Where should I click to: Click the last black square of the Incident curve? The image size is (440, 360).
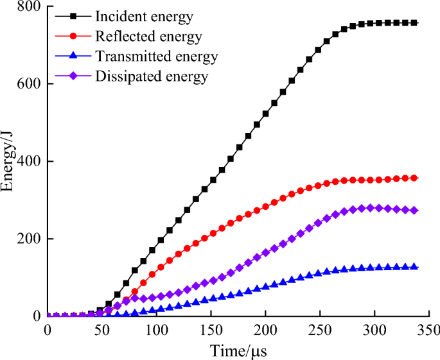(414, 23)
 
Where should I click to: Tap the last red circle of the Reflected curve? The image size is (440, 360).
(414, 178)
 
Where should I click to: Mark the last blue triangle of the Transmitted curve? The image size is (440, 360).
(414, 267)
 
